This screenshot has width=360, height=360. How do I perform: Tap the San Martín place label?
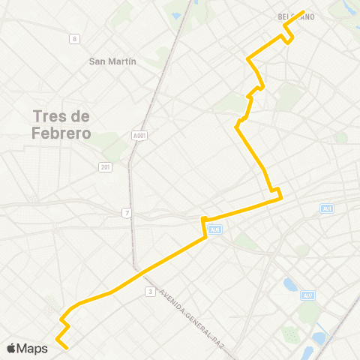pyautogui.click(x=112, y=61)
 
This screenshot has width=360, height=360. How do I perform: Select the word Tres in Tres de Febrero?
pyautogui.click(x=52, y=117)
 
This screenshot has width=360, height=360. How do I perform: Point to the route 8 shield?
pyautogui.click(x=73, y=38)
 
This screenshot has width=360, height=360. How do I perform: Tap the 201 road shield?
pyautogui.click(x=106, y=166)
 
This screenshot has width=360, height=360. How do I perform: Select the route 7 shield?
pyautogui.click(x=127, y=214)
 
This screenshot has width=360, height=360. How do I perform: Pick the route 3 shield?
pyautogui.click(x=151, y=291)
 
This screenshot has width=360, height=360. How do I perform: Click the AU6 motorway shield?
pyautogui.click(x=215, y=230)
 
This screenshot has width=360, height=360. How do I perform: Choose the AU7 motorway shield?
pyautogui.click(x=307, y=295)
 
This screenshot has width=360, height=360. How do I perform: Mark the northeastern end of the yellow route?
pyautogui.click(x=304, y=12)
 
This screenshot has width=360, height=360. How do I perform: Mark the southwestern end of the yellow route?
pyautogui.click(x=67, y=348)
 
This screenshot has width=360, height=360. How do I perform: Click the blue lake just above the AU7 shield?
pyautogui.click(x=290, y=285)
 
